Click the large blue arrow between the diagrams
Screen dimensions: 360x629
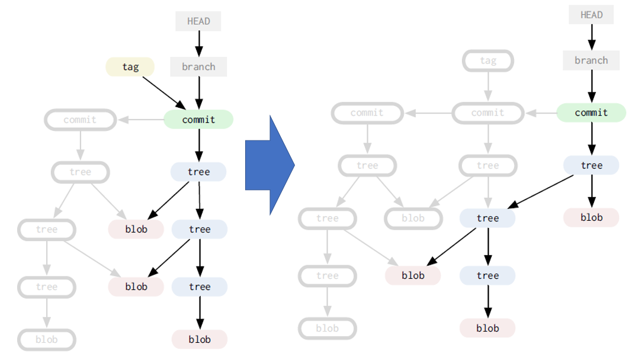click(x=268, y=165)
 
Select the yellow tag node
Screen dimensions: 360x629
click(x=130, y=67)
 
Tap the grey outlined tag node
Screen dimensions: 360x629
click(x=488, y=60)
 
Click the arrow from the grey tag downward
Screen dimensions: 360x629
click(x=488, y=86)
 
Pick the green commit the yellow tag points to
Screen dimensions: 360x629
click(x=198, y=120)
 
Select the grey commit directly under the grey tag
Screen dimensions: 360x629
click(x=488, y=112)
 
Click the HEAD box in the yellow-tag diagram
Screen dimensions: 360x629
click(x=198, y=21)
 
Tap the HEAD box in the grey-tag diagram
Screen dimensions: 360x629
click(x=591, y=15)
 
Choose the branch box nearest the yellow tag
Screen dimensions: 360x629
click(x=198, y=67)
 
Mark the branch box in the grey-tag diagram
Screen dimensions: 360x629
click(x=591, y=60)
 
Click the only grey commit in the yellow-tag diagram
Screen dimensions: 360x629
click(x=80, y=120)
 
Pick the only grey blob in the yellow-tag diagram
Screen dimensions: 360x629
click(x=46, y=339)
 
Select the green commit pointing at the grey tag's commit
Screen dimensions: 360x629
click(x=591, y=112)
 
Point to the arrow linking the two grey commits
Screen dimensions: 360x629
click(x=428, y=112)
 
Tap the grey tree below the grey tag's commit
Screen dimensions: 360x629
click(x=488, y=165)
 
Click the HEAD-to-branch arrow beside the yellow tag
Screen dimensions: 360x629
click(x=198, y=44)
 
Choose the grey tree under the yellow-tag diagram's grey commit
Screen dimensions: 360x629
click(x=80, y=172)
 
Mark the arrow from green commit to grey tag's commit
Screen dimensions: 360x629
click(x=541, y=112)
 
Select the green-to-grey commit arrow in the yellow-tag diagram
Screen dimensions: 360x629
click(x=141, y=120)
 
